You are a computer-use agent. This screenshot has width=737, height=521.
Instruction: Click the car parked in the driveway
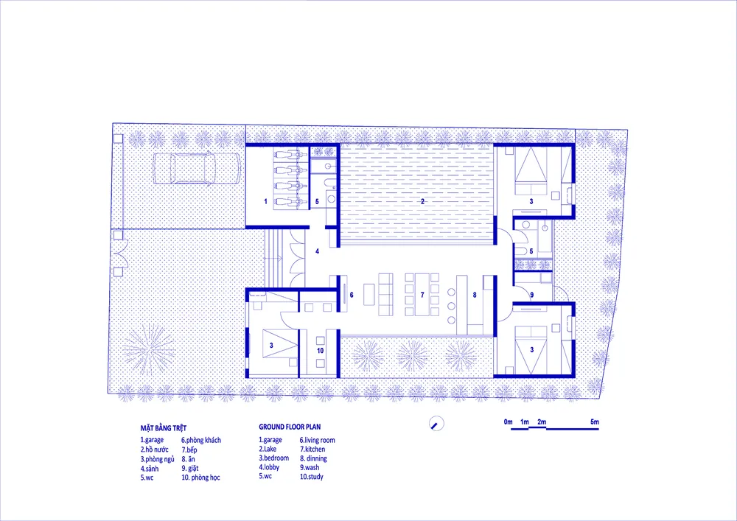click(x=196, y=169)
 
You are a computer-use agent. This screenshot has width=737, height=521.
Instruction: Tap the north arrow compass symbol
click(x=436, y=423)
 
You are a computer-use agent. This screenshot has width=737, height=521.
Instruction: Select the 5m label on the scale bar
click(x=595, y=422)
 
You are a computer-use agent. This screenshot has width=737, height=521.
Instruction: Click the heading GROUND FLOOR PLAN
click(x=290, y=427)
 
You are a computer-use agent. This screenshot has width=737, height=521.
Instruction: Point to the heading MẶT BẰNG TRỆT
click(x=164, y=428)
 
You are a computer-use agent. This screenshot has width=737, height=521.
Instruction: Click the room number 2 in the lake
click(x=422, y=201)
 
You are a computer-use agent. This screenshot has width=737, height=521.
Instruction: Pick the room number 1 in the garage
click(x=265, y=201)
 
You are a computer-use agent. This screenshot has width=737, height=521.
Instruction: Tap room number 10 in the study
click(x=320, y=351)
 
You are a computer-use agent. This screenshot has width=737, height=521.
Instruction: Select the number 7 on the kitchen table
click(x=422, y=295)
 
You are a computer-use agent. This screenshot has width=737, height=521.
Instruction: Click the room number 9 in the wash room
click(x=531, y=295)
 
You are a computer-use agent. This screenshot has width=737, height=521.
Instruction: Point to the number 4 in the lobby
click(x=317, y=252)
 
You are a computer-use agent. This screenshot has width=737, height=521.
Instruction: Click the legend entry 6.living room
click(x=317, y=440)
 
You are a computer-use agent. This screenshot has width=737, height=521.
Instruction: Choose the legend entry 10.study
click(x=312, y=477)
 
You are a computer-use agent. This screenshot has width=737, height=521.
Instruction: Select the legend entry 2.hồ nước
click(x=154, y=450)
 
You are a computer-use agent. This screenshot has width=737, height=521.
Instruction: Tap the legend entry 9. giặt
click(x=190, y=469)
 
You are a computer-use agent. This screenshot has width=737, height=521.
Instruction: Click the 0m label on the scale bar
click(x=508, y=422)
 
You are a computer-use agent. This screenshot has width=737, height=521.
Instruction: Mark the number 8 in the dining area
click(x=475, y=295)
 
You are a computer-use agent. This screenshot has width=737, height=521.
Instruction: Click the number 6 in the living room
click(x=352, y=295)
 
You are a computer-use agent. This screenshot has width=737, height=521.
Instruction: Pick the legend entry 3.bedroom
click(x=274, y=458)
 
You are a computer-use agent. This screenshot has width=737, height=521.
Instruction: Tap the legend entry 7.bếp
click(x=189, y=450)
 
